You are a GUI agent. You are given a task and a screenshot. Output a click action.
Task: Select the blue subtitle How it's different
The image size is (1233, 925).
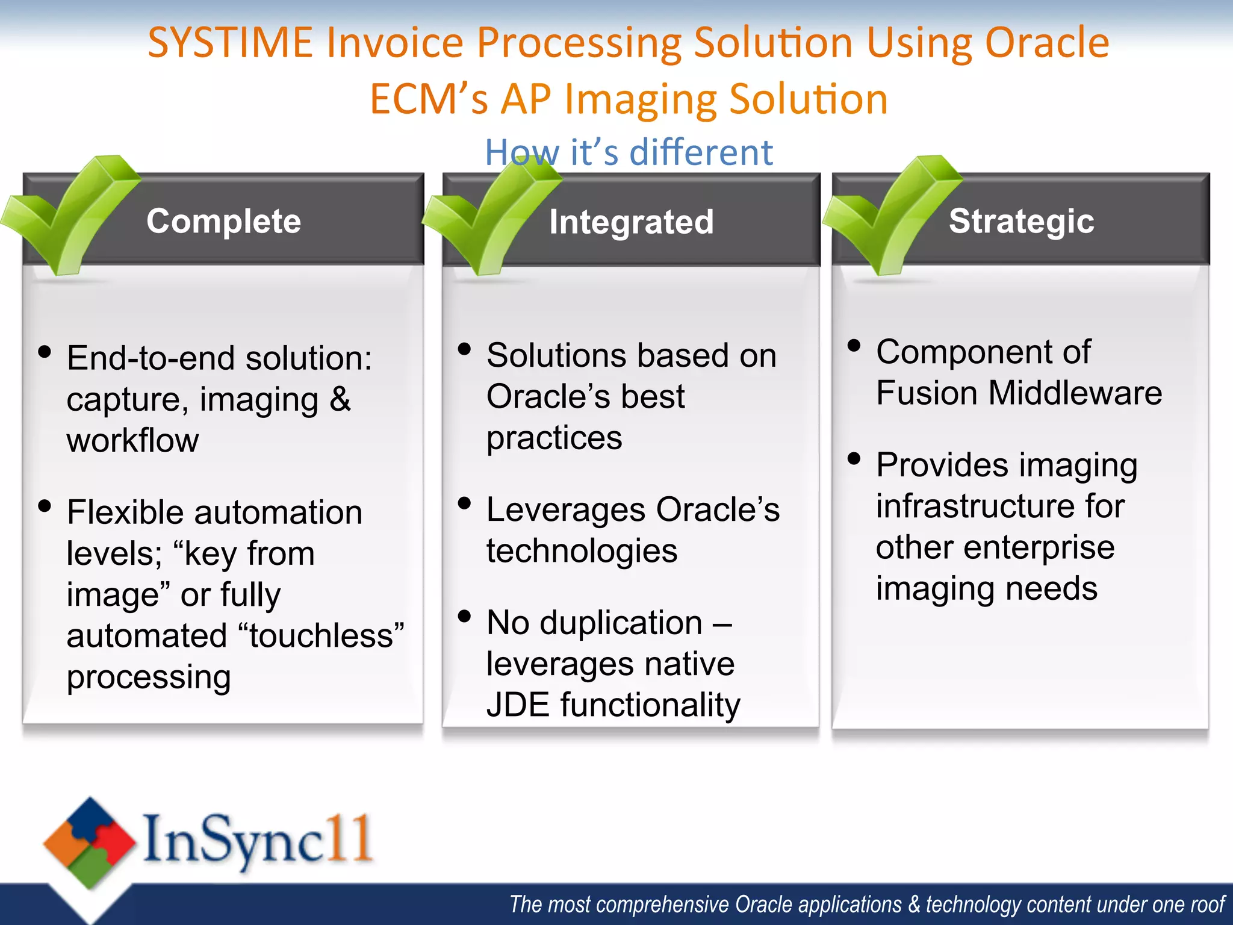[x=629, y=152]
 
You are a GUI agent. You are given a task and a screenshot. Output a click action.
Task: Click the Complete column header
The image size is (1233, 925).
[x=223, y=221]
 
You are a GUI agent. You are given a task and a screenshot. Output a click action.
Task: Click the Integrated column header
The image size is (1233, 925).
[x=631, y=222]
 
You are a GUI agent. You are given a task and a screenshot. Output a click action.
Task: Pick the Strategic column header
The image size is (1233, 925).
[x=1021, y=221]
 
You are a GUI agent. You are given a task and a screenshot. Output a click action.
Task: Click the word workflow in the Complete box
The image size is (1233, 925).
[x=132, y=440]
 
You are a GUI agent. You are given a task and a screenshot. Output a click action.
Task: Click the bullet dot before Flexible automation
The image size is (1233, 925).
[x=45, y=505]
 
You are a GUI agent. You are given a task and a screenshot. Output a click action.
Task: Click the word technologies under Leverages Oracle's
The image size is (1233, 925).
[x=582, y=551]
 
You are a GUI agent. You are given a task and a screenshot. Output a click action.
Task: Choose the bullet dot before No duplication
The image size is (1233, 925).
[x=464, y=616]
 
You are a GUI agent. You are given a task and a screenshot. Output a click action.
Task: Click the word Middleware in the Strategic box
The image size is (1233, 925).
[x=1075, y=393]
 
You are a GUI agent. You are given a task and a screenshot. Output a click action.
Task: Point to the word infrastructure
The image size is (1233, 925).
[x=999, y=506]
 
